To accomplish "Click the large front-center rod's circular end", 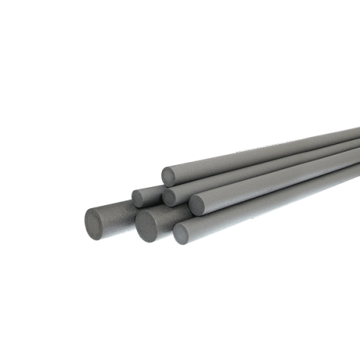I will tap(148, 225).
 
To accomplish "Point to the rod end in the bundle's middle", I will tap(170, 197).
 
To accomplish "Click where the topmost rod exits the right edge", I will tap(357, 133).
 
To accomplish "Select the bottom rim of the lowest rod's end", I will tap(180, 243).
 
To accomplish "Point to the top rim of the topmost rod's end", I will tap(168, 168).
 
